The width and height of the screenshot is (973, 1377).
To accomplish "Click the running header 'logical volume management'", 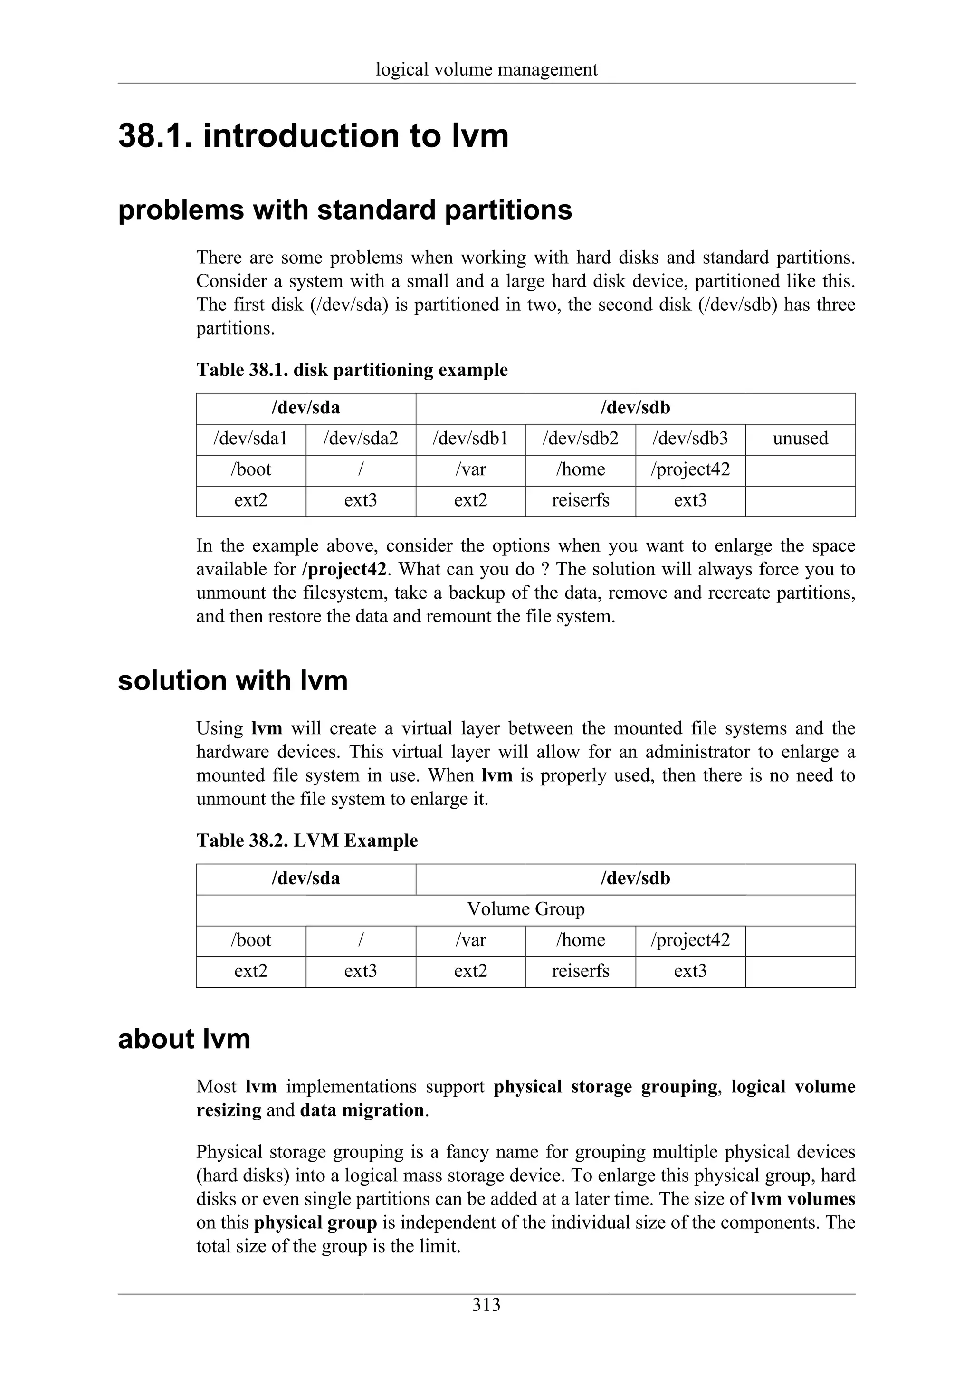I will (x=486, y=69).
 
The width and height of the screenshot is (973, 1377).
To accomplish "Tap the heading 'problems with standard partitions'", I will (x=345, y=210).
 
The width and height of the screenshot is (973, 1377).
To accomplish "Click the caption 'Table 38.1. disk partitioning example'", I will (x=352, y=370).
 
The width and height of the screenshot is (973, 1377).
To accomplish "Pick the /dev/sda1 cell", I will (x=250, y=439).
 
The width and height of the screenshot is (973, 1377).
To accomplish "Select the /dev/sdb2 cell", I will (x=580, y=439).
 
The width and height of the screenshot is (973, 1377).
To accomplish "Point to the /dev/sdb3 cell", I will (x=690, y=439).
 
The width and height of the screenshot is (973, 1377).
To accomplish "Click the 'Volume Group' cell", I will (x=525, y=909).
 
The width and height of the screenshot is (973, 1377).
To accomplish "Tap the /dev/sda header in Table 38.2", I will (x=306, y=879).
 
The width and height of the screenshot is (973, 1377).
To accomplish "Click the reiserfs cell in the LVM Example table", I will (x=580, y=971).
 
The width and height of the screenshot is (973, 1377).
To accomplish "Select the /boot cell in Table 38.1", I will (x=250, y=469).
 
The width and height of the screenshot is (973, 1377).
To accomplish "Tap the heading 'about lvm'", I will (x=184, y=1039).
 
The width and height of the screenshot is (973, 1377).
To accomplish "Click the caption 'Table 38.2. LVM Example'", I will (x=307, y=841).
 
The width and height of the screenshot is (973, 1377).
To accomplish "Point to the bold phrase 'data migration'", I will (x=362, y=1110).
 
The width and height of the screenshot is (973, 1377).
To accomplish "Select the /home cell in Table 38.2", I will (x=580, y=940).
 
